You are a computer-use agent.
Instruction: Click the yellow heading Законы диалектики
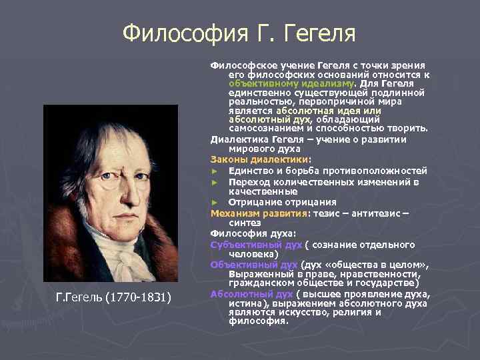[260, 160]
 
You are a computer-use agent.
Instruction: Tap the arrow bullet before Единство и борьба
[215, 171]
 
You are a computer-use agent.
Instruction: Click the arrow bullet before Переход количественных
[215, 182]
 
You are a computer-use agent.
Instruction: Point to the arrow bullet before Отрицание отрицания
[215, 202]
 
